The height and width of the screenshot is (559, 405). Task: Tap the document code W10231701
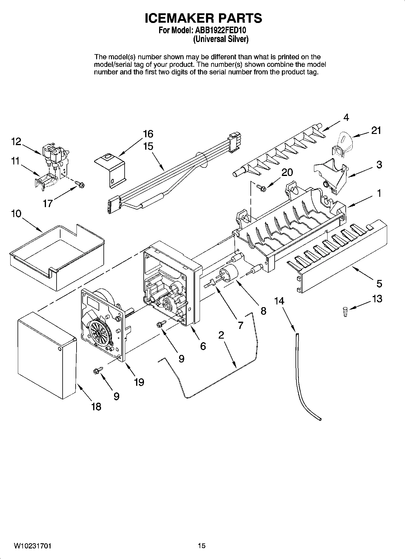pyautogui.click(x=32, y=546)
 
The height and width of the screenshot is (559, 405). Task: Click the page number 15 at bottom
pyautogui.click(x=202, y=546)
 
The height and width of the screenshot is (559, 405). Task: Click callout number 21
pyautogui.click(x=376, y=131)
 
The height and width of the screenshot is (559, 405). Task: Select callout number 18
pyautogui.click(x=96, y=407)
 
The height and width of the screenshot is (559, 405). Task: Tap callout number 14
pyautogui.click(x=279, y=301)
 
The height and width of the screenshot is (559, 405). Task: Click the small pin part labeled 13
pyautogui.click(x=345, y=312)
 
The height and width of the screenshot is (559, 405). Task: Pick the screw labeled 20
pyautogui.click(x=260, y=188)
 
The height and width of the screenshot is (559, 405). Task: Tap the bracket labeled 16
pyautogui.click(x=111, y=170)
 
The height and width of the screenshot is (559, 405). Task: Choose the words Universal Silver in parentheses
pyautogui.click(x=221, y=39)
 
